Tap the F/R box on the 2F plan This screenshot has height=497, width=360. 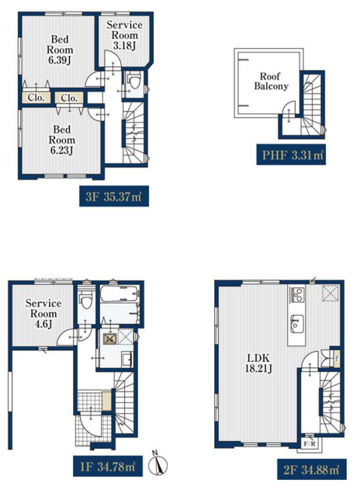click(310, 443)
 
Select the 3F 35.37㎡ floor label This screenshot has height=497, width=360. click(114, 196)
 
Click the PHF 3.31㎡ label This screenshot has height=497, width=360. click(291, 155)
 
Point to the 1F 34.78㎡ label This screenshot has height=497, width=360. click(108, 467)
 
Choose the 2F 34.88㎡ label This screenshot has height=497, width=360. click(312, 469)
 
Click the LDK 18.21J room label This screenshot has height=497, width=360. click(258, 363)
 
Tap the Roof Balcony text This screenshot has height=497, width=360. click(271, 81)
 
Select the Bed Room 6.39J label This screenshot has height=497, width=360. click(60, 50)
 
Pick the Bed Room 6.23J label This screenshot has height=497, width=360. click(62, 140)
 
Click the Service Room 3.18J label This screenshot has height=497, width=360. click(124, 35)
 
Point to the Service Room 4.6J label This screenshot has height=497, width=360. click(43, 314)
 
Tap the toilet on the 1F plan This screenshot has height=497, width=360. click(86, 300)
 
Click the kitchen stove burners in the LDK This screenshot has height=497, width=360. click(298, 295)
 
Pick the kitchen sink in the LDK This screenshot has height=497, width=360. click(297, 323)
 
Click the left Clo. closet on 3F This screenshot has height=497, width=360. click(36, 98)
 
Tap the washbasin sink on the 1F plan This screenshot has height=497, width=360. click(127, 360)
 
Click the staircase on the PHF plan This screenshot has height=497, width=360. click(312, 105)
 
